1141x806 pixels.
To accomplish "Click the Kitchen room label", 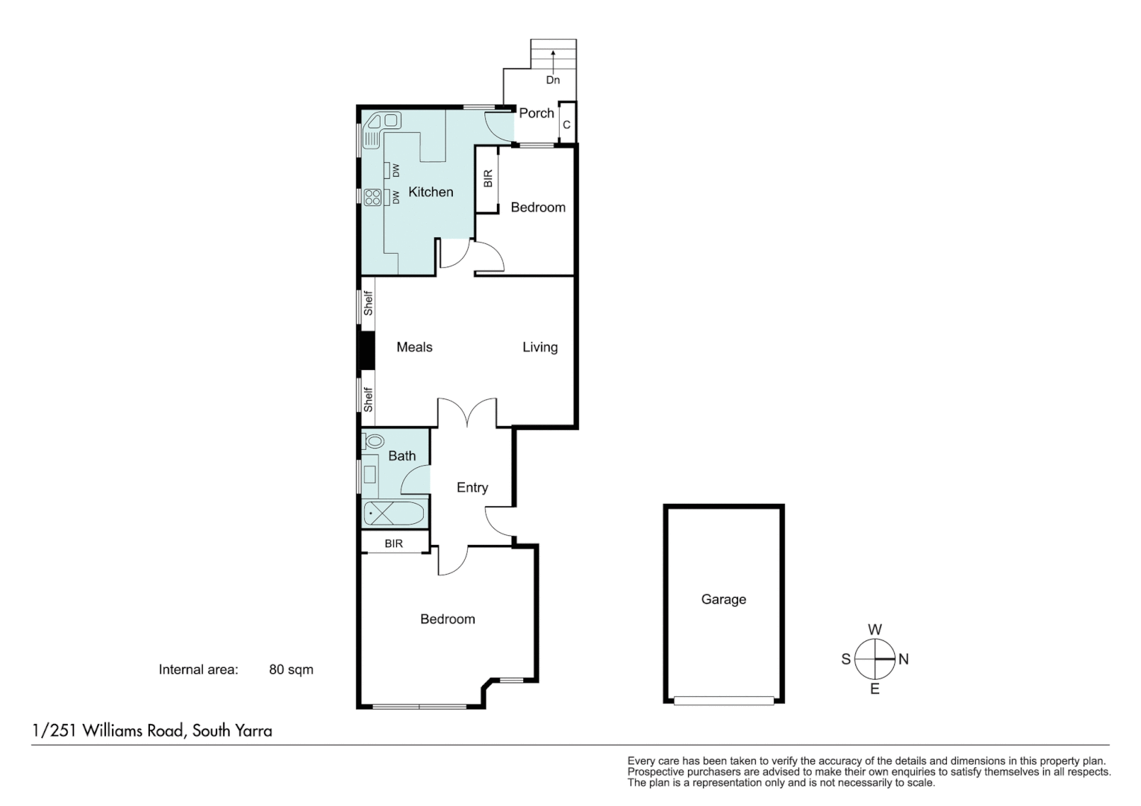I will pyautogui.click(x=431, y=192).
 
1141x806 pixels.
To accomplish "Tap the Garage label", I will pyautogui.click(x=723, y=599).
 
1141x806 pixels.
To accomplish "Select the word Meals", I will pyautogui.click(x=414, y=347).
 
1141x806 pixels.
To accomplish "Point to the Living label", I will pyautogui.click(x=540, y=347).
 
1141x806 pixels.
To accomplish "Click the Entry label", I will pyautogui.click(x=472, y=487).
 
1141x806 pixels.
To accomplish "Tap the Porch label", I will pyautogui.click(x=536, y=113).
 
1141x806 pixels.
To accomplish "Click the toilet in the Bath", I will pyautogui.click(x=374, y=441).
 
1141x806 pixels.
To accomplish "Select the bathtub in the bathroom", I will pyautogui.click(x=394, y=513).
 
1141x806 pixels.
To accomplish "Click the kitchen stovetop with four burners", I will pyautogui.click(x=372, y=197).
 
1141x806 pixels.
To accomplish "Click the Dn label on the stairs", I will pyautogui.click(x=553, y=80).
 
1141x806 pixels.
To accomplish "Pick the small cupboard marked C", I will pyautogui.click(x=566, y=125).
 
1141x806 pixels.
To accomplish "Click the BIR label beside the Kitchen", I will pyautogui.click(x=488, y=178).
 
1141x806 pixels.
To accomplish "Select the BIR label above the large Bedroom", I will pyautogui.click(x=393, y=543).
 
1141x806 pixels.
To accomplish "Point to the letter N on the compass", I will pyautogui.click(x=904, y=659).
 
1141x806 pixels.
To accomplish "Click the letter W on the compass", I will pyautogui.click(x=875, y=629).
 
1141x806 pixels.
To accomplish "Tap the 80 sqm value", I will pyautogui.click(x=291, y=669).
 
